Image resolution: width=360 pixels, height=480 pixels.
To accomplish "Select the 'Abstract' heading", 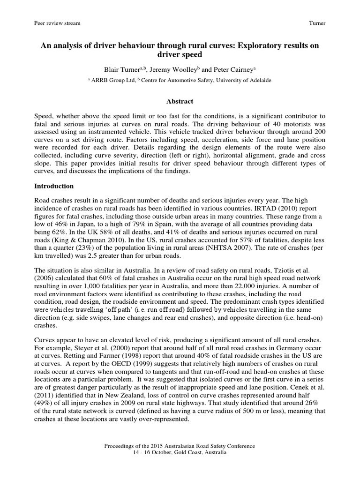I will coord(180,101).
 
